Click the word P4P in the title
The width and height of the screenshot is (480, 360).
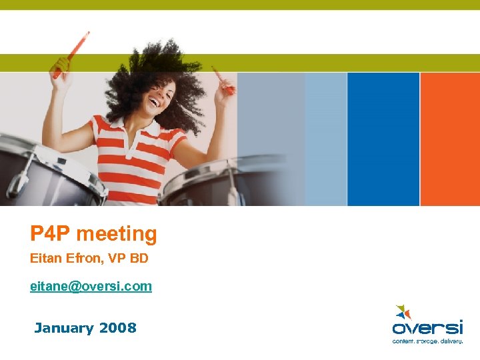(x=50, y=234)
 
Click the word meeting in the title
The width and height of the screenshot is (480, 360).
(x=116, y=235)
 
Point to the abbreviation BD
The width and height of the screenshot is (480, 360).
(x=139, y=257)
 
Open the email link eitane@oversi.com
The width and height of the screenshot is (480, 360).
(x=91, y=286)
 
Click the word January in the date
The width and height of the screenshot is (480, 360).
(x=64, y=328)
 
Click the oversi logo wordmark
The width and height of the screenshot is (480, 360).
(x=427, y=327)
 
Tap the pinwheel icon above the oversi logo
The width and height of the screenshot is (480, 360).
(x=403, y=311)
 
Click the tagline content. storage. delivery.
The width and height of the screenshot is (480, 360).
(x=427, y=340)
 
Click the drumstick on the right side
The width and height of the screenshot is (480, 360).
(x=223, y=79)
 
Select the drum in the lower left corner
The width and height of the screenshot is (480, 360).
(x=47, y=173)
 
